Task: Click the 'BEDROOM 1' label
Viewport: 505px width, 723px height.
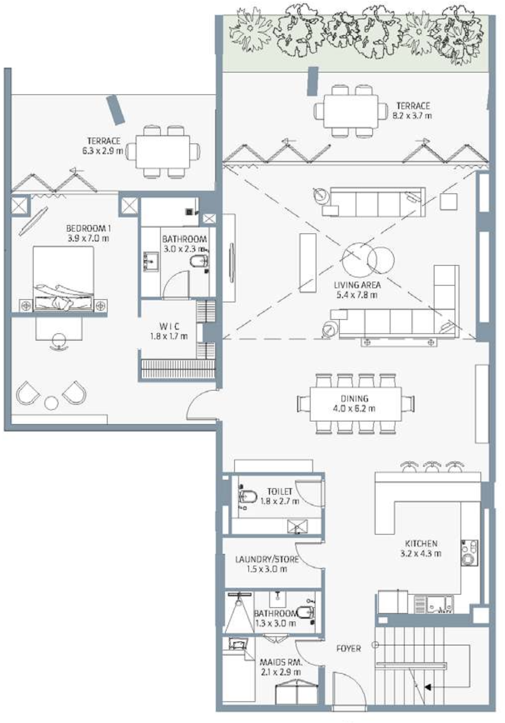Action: (x=88, y=229)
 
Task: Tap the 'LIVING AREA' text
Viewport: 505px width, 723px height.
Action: (x=357, y=285)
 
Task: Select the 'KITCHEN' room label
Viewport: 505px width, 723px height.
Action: (x=421, y=543)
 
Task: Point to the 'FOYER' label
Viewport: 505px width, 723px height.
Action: (x=348, y=648)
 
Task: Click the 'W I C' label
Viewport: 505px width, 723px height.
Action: (x=169, y=326)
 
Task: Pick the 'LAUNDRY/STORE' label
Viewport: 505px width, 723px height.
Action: (x=267, y=559)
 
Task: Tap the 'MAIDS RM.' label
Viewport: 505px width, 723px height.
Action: (x=281, y=662)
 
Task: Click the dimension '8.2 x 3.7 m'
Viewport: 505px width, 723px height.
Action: (x=412, y=116)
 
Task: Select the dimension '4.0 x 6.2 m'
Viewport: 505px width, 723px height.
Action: (x=354, y=409)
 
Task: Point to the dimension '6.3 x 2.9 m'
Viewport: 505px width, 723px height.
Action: (x=100, y=151)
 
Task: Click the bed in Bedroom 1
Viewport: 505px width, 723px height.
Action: (x=63, y=279)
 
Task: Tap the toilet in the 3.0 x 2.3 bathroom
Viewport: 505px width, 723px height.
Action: (x=199, y=261)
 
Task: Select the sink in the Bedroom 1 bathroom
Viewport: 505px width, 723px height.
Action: (x=151, y=261)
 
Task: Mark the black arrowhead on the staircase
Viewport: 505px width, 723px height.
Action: (x=428, y=687)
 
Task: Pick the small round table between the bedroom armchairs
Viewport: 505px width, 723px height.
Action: (x=51, y=403)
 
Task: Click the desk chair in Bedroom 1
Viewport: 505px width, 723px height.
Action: (x=59, y=341)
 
